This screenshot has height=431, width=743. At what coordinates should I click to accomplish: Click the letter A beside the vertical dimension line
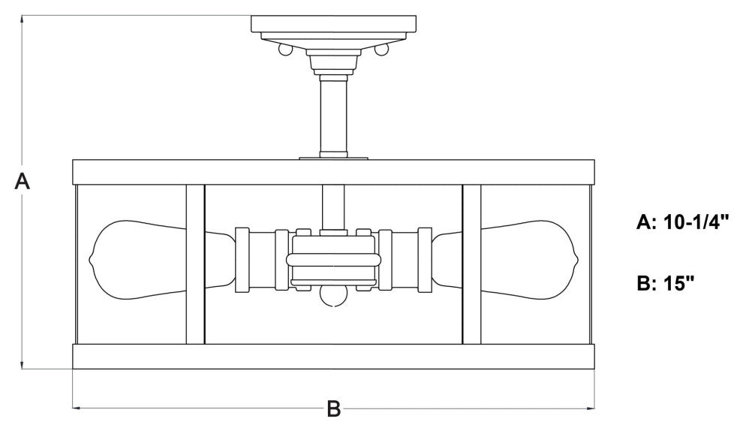tap(22, 182)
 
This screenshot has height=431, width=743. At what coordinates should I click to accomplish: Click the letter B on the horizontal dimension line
tap(333, 408)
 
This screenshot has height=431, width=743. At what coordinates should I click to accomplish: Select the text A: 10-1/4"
tap(682, 222)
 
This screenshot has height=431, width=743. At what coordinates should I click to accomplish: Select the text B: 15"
tap(666, 284)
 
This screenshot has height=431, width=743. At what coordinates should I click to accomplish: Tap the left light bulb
tap(163, 260)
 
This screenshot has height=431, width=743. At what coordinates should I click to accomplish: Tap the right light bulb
tap(505, 260)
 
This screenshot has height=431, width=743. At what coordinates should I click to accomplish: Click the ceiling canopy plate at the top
tap(333, 24)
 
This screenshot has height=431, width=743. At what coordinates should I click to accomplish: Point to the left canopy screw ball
tap(284, 50)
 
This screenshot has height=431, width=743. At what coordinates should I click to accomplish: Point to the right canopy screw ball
tap(381, 50)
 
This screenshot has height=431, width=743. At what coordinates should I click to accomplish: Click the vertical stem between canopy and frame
tap(333, 116)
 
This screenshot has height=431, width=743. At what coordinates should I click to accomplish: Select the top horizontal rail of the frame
tap(333, 172)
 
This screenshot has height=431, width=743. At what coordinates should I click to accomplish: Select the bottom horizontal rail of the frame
tap(333, 357)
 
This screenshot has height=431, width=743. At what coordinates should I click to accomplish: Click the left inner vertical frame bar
tap(195, 264)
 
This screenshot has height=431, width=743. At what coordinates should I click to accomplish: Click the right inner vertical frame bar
tap(471, 264)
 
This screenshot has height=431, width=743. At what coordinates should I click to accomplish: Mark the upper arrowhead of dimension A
tap(23, 20)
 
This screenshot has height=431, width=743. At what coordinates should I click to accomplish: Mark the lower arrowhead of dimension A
tap(23, 364)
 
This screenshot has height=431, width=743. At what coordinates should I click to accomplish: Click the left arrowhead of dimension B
tap(77, 408)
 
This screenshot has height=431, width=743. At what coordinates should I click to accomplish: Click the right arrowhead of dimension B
tap(590, 408)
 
